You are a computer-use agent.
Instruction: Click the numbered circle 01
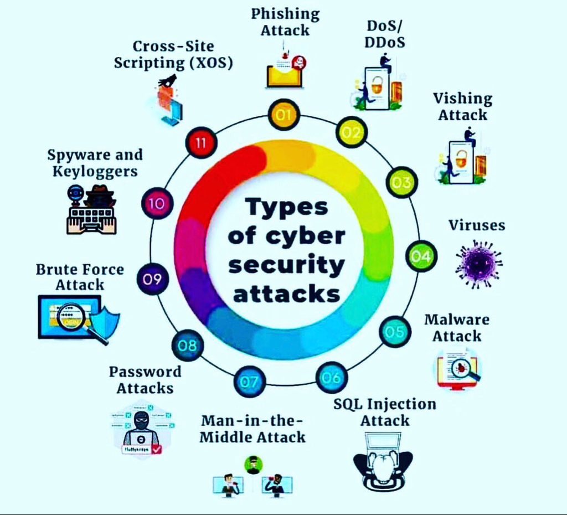pyautogui.click(x=283, y=115)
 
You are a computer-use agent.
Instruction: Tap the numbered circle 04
pyautogui.click(x=421, y=256)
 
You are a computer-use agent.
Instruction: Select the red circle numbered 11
pyautogui.click(x=201, y=143)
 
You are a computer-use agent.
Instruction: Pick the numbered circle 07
pyautogui.click(x=249, y=382)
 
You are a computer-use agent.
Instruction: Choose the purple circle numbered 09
pyautogui.click(x=152, y=279)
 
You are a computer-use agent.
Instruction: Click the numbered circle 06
pyautogui.click(x=331, y=378)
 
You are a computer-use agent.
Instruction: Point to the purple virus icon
pyautogui.click(x=478, y=265)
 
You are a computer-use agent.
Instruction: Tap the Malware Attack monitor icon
pyautogui.click(x=457, y=368)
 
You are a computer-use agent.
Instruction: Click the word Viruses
pyautogui.click(x=477, y=225)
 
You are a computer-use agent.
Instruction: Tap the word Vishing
pyautogui.click(x=462, y=99)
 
